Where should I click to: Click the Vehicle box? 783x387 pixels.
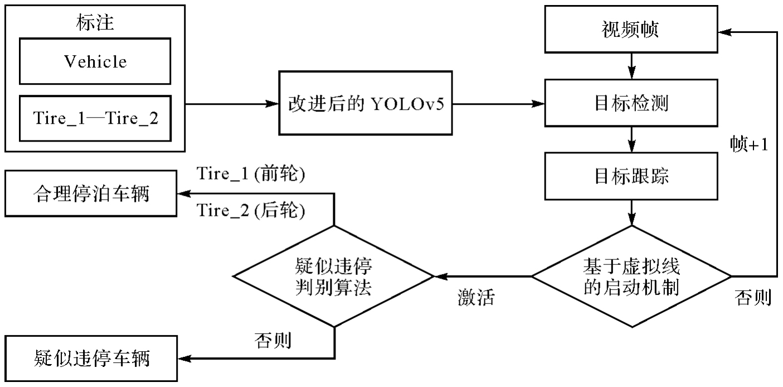click(95, 61)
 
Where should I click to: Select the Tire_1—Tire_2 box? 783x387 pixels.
click(95, 118)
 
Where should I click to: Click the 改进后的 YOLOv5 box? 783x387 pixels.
click(365, 104)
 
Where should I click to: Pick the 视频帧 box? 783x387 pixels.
click(630, 30)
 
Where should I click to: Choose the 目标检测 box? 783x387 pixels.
click(631, 104)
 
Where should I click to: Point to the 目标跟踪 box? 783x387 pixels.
click(631, 177)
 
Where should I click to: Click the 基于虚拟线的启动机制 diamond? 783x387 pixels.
click(631, 275)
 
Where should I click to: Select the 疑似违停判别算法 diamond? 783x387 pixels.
click(333, 275)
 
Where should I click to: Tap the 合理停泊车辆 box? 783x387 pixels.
click(91, 195)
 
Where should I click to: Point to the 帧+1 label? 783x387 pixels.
click(749, 144)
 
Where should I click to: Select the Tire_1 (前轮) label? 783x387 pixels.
click(251, 175)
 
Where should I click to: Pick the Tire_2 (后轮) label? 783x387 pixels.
click(251, 211)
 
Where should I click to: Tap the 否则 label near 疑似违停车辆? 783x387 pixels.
click(273, 340)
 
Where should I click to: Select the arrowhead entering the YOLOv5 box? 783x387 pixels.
click(273, 104)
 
